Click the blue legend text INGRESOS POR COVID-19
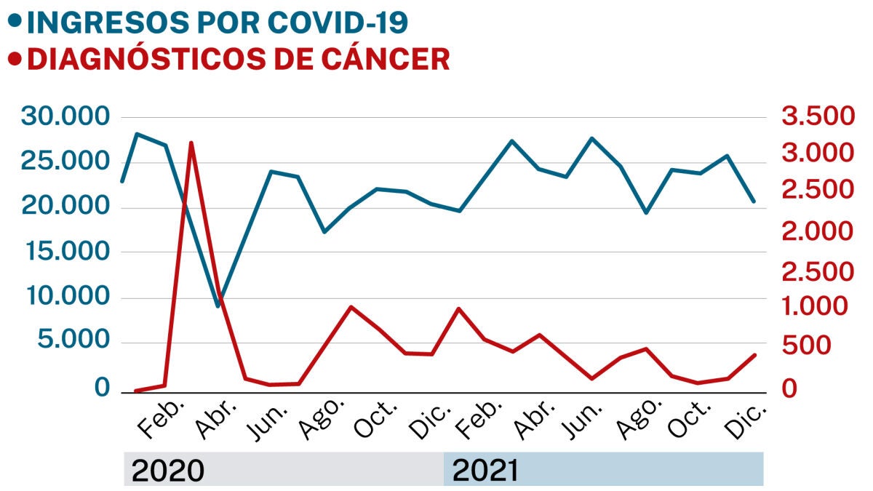218,23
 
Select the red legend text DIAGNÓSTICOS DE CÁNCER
238,59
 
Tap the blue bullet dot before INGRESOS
14,21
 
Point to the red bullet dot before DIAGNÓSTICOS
14,58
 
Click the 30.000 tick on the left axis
65,116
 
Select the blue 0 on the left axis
102,388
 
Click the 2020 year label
167,471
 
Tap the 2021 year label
485,471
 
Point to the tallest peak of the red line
191,143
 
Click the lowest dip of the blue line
218,306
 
